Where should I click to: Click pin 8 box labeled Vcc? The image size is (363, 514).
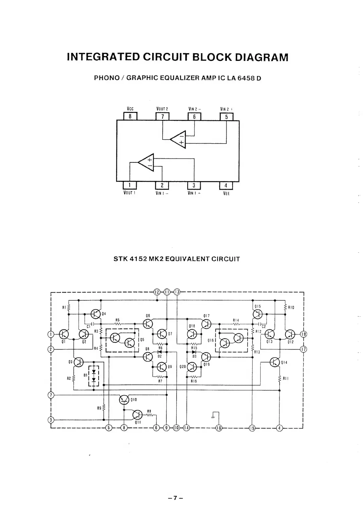130,117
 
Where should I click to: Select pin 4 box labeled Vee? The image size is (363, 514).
226,185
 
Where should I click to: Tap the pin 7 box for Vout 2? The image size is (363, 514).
163,117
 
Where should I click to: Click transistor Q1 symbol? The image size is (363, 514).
64,334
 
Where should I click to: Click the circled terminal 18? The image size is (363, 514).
303,334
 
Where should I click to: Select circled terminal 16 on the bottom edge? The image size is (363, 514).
219,428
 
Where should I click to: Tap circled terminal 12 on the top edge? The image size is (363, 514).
157,292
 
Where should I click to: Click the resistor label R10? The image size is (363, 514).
291,307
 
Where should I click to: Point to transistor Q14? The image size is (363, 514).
274,362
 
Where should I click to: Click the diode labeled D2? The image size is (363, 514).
160,352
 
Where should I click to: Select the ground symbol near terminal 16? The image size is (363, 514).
213,417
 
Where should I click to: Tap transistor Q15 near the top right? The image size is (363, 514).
257,314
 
